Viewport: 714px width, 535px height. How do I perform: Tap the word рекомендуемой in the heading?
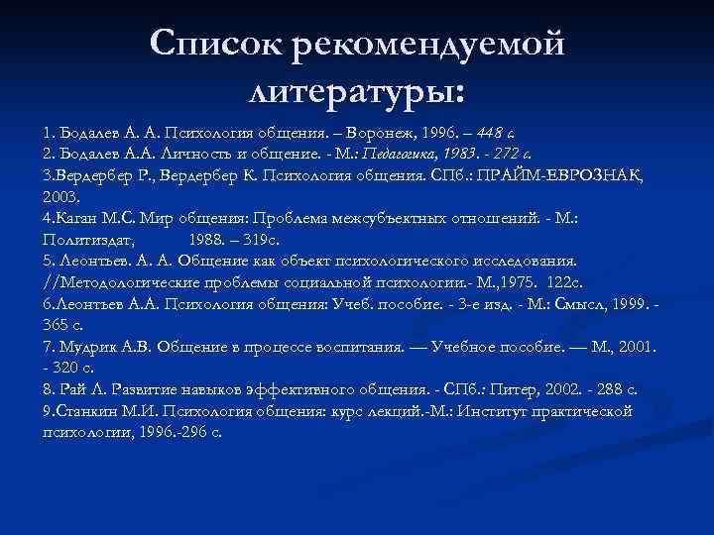(x=428, y=45)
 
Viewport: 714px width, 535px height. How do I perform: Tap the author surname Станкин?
(x=84, y=411)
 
